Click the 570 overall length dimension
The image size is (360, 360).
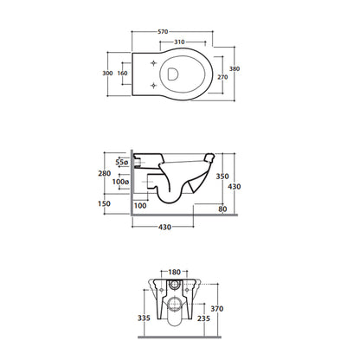click(x=163, y=32)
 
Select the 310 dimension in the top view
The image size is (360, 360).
click(x=179, y=42)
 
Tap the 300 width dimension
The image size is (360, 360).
click(x=107, y=74)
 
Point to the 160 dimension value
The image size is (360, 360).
click(x=122, y=74)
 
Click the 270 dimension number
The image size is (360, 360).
click(x=222, y=77)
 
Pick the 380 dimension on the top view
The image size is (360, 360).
click(x=235, y=69)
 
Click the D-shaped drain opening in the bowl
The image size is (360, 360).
click(x=173, y=74)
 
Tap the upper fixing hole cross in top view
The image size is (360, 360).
click(x=154, y=63)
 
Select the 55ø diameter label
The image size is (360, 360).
click(x=121, y=162)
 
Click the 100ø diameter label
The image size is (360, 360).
click(x=120, y=182)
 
